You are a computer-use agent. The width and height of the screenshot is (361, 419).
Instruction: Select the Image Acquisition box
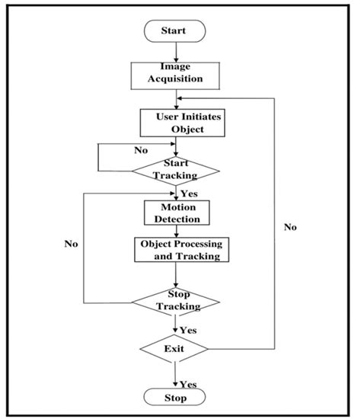point(177,72)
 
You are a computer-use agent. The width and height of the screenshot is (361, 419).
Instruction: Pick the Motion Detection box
point(176,213)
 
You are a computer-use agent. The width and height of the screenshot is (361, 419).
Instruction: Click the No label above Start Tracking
point(140,151)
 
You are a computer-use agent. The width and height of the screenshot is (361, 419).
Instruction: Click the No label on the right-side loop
point(290,227)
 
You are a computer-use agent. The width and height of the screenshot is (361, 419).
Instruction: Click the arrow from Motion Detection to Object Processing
point(176,232)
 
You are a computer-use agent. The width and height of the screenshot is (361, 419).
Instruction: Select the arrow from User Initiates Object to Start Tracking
point(176,146)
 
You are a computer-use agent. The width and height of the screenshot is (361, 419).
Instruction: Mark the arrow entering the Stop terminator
point(176,376)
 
